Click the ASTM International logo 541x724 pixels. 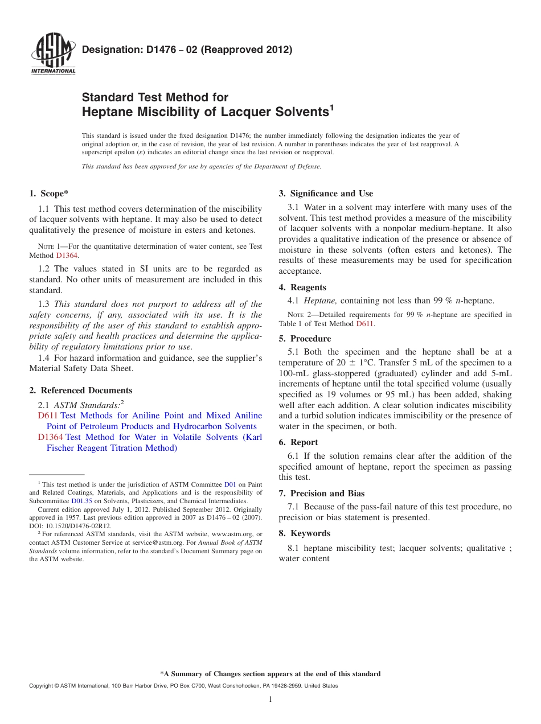[x=52, y=54]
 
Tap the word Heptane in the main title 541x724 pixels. [x=108, y=112]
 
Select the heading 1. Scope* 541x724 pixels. [x=50, y=194]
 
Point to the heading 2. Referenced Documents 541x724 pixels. [x=81, y=390]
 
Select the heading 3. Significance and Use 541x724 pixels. [x=326, y=194]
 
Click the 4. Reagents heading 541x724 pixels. [x=302, y=287]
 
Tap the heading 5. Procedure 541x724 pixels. [x=305, y=339]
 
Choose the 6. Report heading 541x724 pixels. [x=298, y=442]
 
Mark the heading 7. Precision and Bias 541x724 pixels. [x=322, y=493]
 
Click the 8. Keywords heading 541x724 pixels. [x=304, y=533]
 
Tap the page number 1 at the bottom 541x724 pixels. [x=270, y=700]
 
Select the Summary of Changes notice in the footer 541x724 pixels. [x=270, y=674]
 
